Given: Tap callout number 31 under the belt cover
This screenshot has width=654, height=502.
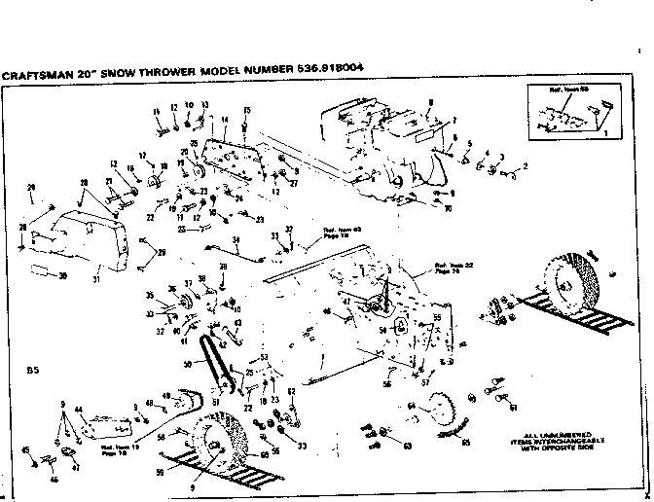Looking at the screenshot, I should (x=96, y=282).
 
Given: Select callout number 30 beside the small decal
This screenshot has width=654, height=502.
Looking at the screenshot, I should (x=63, y=276).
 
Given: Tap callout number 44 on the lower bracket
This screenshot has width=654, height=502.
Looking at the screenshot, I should (x=78, y=411).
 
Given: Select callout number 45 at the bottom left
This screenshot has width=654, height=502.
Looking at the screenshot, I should (x=25, y=449).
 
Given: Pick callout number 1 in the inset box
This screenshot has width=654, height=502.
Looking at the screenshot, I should (x=604, y=130).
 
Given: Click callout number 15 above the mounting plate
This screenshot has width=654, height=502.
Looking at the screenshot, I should (x=247, y=111).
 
